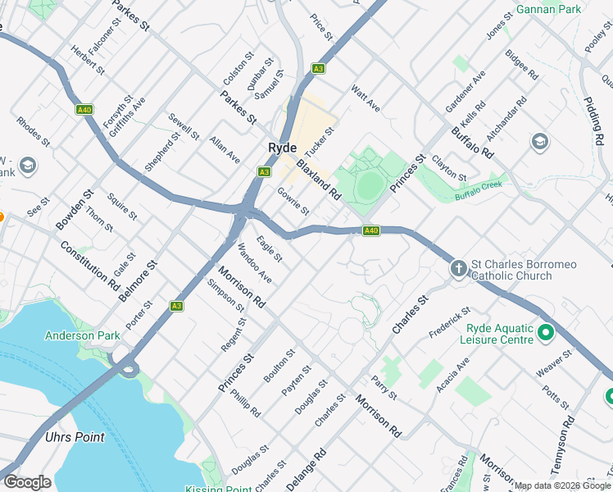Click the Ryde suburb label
point(282,148)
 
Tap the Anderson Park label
point(82,335)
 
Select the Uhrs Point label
point(75,437)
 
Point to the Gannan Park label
point(548,10)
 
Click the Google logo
point(27,483)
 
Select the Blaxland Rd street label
point(318,180)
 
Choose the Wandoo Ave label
point(254,263)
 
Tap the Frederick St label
point(450,323)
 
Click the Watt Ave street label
point(366,98)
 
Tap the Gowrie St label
point(293,201)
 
